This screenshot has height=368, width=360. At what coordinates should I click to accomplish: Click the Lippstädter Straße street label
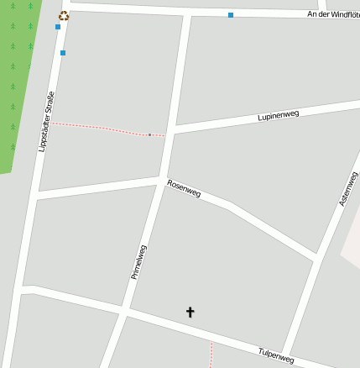tap(46, 122)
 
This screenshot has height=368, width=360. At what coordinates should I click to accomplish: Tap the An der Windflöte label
tap(333, 14)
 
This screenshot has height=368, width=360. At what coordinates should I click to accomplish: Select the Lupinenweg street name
tap(279, 115)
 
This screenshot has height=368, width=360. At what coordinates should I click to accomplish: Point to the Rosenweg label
tap(184, 188)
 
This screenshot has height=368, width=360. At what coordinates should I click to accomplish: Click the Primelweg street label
tap(138, 261)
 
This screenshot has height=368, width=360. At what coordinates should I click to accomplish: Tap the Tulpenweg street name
tap(276, 355)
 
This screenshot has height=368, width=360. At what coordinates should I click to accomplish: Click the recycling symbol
tap(64, 15)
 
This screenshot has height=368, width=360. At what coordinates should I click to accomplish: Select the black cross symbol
tap(190, 312)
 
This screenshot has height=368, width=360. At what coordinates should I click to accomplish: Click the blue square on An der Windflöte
tap(230, 15)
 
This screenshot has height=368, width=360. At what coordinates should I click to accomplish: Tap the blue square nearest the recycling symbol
tap(58, 27)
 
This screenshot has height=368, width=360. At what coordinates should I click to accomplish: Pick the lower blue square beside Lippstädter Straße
tap(63, 53)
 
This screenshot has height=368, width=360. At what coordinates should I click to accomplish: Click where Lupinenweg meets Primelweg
tap(172, 130)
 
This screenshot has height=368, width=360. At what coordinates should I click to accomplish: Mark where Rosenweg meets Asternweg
tap(315, 257)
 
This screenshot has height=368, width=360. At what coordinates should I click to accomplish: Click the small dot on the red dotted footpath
tap(149, 134)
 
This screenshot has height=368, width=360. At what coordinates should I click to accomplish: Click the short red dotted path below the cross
tap(211, 353)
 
